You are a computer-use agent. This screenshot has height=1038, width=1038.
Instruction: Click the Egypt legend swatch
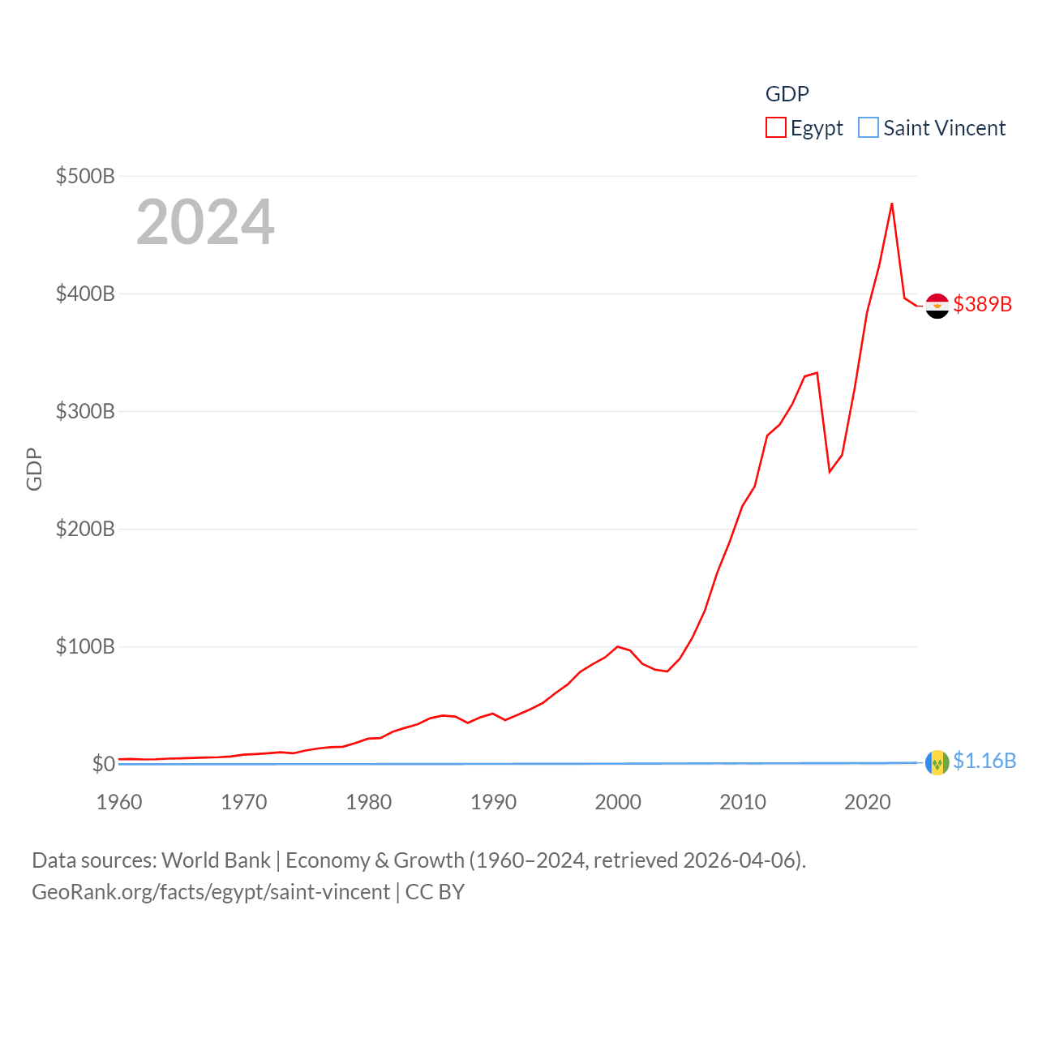776,128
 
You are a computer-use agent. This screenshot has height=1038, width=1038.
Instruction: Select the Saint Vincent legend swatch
869,128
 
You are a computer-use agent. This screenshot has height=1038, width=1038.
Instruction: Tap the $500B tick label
85,176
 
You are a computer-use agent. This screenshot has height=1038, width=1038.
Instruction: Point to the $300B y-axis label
85,411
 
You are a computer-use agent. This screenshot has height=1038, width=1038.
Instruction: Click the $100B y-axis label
85,646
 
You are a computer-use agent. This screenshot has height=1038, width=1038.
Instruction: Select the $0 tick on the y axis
103,764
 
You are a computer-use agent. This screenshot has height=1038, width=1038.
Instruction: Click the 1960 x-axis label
119,802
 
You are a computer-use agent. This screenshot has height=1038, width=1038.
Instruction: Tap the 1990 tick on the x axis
493,802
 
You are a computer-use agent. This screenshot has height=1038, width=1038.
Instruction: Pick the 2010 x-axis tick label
743,802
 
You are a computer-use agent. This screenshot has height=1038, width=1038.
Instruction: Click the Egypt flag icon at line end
937,306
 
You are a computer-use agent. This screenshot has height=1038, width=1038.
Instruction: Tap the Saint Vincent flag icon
937,763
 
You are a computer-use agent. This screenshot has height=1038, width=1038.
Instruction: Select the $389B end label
983,304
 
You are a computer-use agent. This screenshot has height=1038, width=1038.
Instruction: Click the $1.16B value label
984,761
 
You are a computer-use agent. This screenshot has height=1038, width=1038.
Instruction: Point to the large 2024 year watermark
205,222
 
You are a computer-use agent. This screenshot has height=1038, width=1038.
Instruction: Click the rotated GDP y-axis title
34,469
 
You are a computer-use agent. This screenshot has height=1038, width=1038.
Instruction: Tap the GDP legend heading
787,94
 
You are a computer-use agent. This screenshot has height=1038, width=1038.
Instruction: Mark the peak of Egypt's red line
892,204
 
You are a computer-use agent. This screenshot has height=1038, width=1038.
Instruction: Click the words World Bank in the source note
217,860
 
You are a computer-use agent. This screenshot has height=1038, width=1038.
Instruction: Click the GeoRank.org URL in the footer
211,892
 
